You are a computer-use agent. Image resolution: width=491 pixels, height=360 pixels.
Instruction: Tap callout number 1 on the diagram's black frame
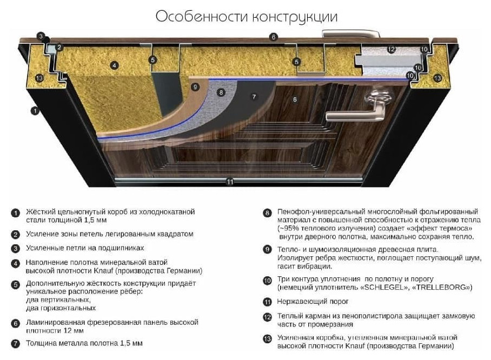tap(35, 110)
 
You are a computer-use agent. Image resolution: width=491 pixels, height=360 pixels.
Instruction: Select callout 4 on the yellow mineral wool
tap(114, 65)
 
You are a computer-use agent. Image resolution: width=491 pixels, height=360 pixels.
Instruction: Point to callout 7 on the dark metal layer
tap(254, 97)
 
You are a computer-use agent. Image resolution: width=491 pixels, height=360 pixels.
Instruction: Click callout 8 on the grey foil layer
tap(221, 92)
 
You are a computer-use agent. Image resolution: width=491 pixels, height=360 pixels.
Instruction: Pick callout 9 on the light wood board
tap(195, 86)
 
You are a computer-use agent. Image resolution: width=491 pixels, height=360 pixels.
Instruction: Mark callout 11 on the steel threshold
tap(230, 182)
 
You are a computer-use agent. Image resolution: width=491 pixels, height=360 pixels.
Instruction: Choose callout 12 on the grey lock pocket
tap(391, 49)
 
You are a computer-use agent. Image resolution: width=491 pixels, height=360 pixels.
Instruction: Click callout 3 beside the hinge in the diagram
tap(41, 36)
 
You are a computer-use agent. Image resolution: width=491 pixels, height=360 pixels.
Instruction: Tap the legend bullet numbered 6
tap(15, 323)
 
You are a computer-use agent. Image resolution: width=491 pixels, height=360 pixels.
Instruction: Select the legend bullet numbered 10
tap(267, 281)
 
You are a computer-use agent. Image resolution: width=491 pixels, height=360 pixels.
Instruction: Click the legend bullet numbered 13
tap(267, 339)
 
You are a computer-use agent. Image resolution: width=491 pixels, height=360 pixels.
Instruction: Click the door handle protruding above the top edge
tap(351, 34)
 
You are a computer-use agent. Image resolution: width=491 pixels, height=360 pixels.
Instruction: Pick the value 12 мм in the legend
tap(74, 331)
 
